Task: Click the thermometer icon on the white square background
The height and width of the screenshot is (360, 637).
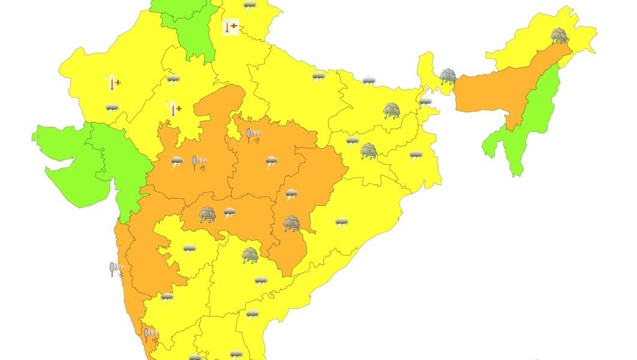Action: (x=230, y=27)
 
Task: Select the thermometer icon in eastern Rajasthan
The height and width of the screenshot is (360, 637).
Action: (x=175, y=109)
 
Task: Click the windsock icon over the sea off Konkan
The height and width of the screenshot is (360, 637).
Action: (x=116, y=268)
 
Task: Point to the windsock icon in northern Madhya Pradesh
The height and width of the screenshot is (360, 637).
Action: (x=253, y=134)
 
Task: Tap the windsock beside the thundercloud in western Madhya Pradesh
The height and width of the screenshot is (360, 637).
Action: (x=199, y=163)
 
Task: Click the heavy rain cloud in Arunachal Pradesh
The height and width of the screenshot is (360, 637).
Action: (x=559, y=35)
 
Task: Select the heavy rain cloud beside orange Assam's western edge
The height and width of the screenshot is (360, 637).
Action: (x=447, y=76)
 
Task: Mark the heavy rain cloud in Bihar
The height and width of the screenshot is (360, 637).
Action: (x=392, y=110)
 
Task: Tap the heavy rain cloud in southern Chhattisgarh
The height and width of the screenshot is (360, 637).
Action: (x=292, y=224)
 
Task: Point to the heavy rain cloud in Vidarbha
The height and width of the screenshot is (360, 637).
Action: (x=208, y=214)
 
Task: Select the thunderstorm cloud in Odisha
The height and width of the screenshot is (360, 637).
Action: (x=341, y=222)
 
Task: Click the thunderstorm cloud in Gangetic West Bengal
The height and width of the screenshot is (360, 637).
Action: (x=416, y=155)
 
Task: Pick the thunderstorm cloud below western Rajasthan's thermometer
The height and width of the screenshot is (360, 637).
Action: (x=112, y=108)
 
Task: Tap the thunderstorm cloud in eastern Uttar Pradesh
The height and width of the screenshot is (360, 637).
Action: (x=318, y=77)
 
